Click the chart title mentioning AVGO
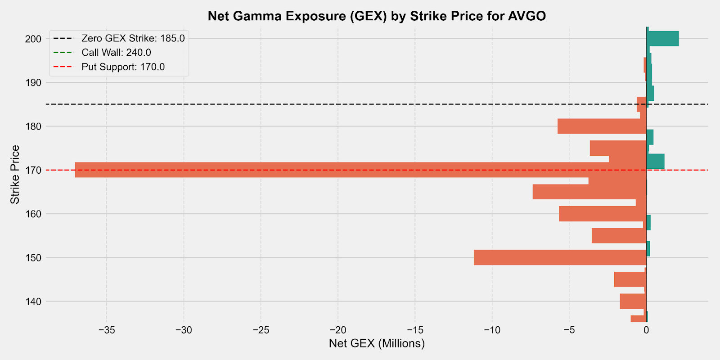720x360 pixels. point(377,16)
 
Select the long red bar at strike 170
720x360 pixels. point(360,170)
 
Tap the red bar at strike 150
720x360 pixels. point(560,257)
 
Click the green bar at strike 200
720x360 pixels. point(662,39)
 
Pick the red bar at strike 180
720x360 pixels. point(602,126)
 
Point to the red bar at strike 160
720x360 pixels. point(603,214)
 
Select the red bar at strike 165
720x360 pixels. point(589,192)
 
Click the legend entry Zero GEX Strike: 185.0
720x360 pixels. point(133,38)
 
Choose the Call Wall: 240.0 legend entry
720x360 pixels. point(116,53)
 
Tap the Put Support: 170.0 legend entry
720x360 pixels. point(123,67)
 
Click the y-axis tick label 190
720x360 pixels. point(33,83)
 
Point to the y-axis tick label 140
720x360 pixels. point(33,301)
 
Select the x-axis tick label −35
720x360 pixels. point(107,330)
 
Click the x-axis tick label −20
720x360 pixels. point(337,330)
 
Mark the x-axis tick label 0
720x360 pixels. point(646,330)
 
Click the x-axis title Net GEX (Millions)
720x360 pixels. point(377,344)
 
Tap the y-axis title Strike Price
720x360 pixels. point(15,174)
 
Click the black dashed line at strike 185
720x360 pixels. point(315,104)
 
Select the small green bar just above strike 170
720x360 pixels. point(656,161)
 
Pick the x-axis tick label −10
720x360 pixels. point(492,330)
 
